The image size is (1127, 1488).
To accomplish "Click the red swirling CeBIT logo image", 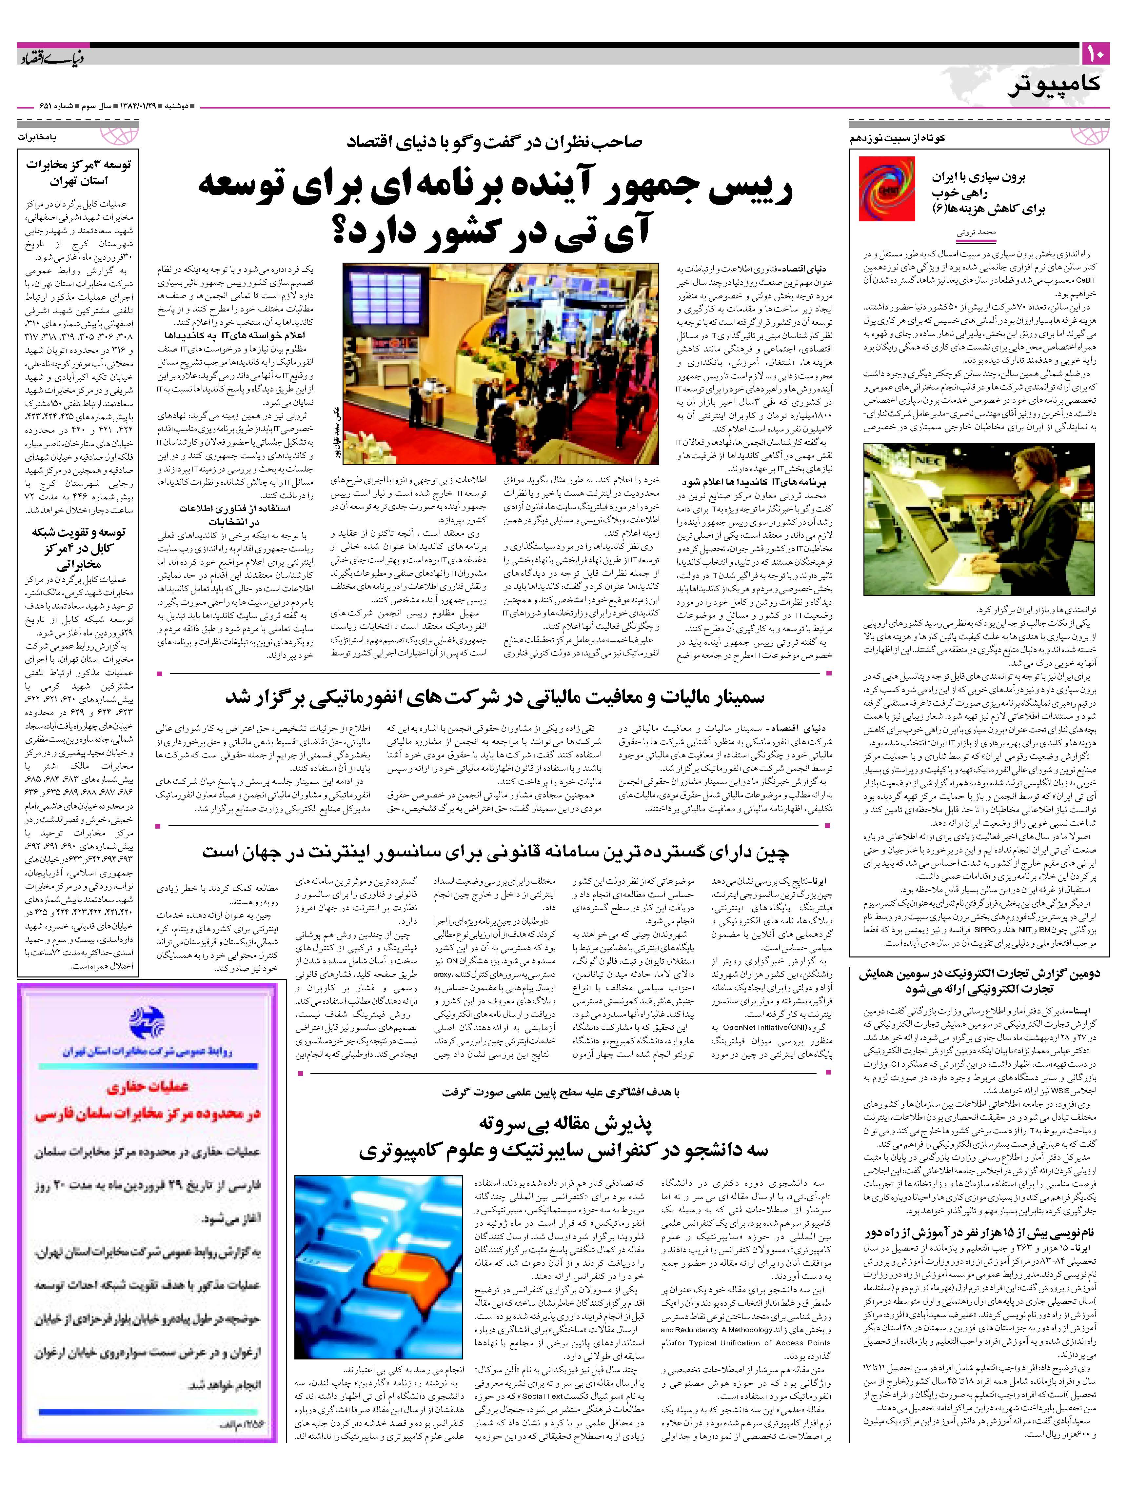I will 887,189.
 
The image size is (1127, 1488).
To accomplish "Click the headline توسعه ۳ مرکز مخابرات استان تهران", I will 79,173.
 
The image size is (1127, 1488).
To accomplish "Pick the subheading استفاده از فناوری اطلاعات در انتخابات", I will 231,514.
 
